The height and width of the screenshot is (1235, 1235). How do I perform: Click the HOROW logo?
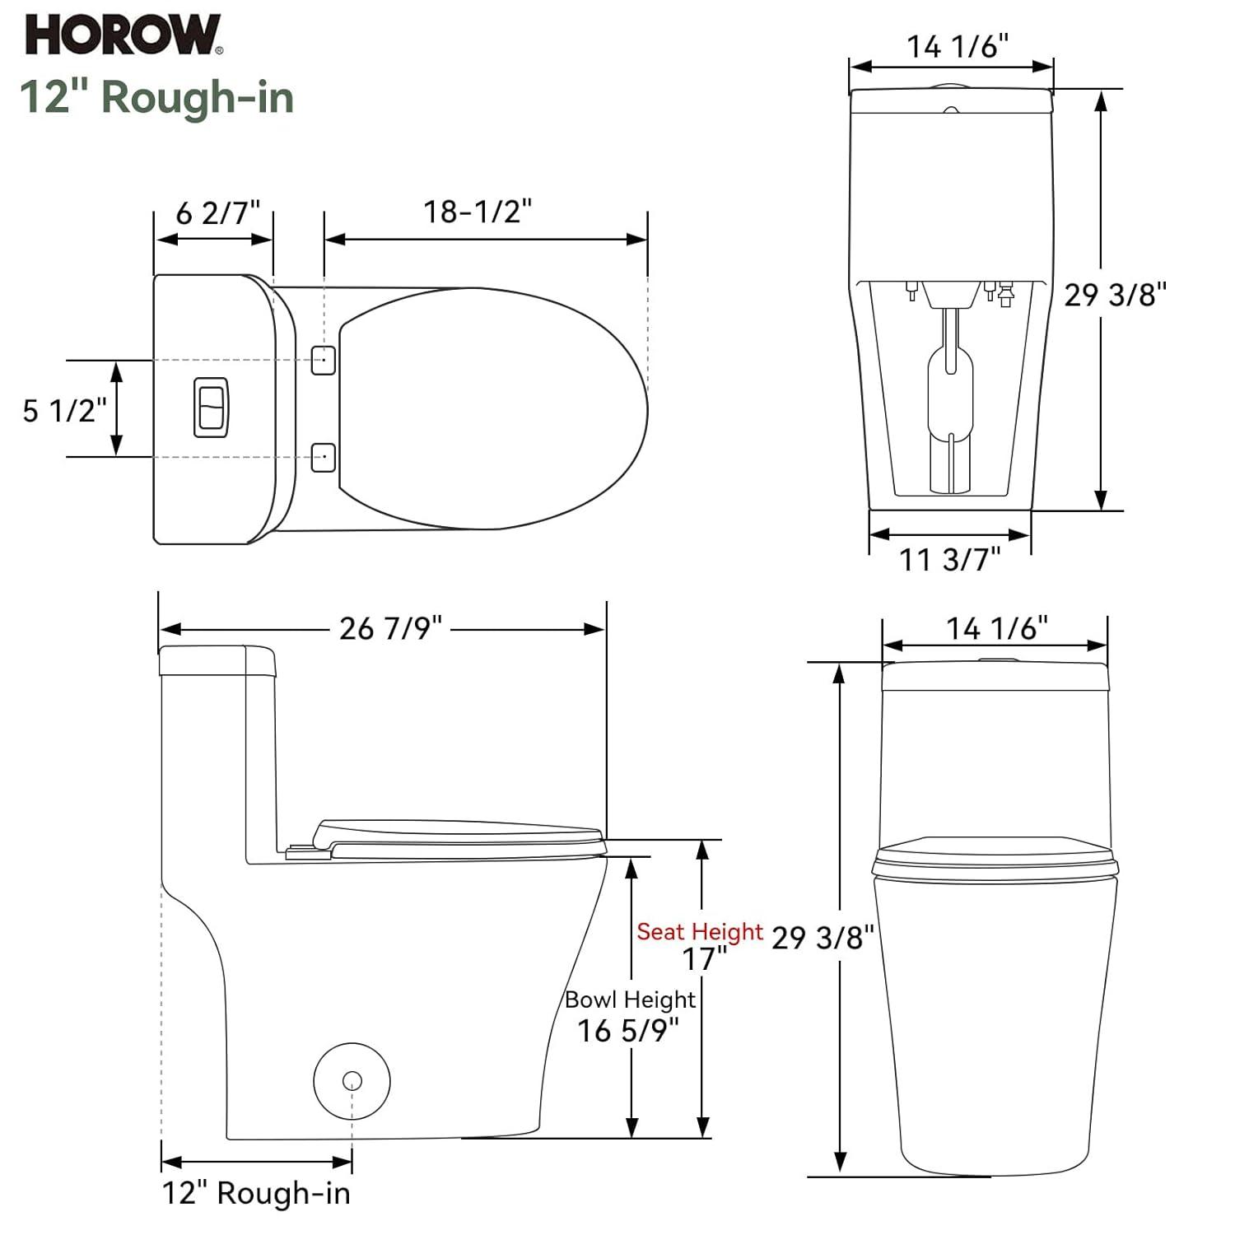coord(123,35)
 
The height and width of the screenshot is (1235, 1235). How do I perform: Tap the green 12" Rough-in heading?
coord(156,97)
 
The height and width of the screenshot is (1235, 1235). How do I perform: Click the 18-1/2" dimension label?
coord(478,212)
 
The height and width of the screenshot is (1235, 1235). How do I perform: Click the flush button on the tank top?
coord(211,408)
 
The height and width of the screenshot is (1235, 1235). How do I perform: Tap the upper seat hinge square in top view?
coord(324,359)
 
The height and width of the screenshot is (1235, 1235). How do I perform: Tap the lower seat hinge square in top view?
coord(324,456)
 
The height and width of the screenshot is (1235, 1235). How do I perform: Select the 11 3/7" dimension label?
coord(949,560)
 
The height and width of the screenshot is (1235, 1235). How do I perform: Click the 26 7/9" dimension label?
coord(390,629)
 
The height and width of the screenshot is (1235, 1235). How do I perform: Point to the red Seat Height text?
coord(700,931)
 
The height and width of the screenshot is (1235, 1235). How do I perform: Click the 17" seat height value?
coord(705,959)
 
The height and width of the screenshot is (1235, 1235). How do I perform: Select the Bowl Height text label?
coord(630,999)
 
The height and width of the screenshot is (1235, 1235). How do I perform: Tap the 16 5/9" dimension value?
coord(628,1031)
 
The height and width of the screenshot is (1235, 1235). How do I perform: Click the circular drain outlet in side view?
coord(352,1080)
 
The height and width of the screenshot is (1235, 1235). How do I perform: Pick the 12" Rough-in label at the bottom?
coord(256,1193)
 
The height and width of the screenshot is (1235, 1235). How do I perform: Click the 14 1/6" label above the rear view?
coord(958,47)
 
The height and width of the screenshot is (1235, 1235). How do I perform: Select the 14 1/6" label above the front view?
coord(996,629)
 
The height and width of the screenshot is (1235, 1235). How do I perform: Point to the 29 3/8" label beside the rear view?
coord(1115,294)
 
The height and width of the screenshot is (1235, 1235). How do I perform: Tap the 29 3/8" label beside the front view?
coord(822,937)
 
